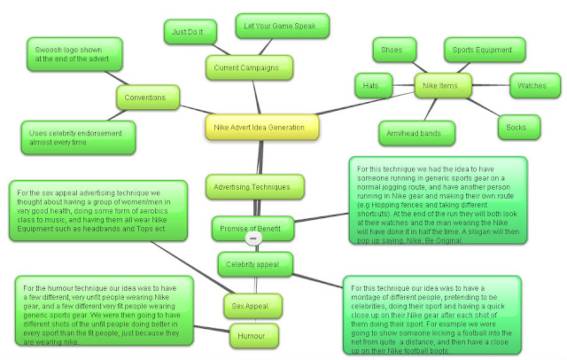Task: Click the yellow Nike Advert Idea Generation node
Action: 260,127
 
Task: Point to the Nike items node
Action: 443,86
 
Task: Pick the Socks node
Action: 517,126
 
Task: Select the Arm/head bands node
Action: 418,133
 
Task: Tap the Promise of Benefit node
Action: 251,229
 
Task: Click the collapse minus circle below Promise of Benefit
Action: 252,240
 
